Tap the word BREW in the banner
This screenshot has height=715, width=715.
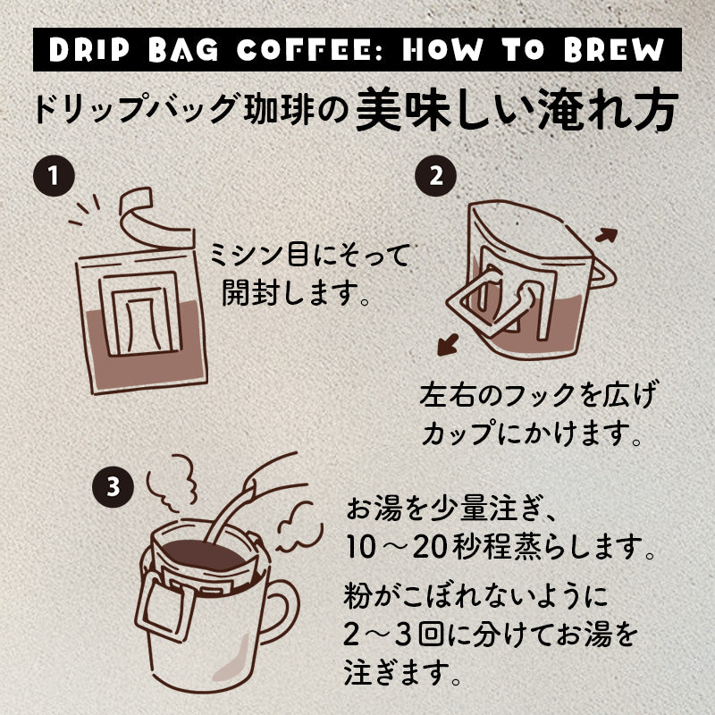[614, 49]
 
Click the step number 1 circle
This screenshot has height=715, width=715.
[54, 175]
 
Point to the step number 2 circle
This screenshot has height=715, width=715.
[435, 175]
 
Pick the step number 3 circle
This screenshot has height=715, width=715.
[113, 486]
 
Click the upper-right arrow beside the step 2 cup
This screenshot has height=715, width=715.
[607, 235]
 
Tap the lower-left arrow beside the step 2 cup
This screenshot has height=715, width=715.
[448, 344]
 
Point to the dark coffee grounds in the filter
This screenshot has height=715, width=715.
[203, 554]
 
